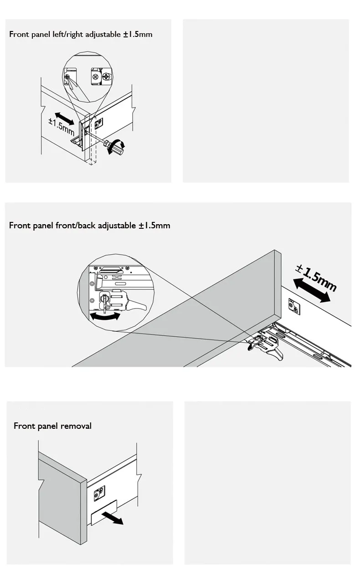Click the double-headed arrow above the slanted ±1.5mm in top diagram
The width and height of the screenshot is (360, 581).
[64, 118]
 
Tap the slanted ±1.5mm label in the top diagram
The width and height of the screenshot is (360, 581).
[62, 127]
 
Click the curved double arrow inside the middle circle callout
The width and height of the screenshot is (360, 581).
[105, 316]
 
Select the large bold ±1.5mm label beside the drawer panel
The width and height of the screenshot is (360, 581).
[316, 278]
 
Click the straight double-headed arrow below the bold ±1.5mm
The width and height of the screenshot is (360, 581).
[312, 290]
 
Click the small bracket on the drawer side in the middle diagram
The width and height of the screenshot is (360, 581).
[294, 306]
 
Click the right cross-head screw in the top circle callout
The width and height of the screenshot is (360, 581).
[106, 77]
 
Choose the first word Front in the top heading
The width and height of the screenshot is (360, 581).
[17, 35]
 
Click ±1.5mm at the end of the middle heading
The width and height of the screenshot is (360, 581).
[154, 226]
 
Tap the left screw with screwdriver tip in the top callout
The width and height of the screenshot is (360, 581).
[67, 77]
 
